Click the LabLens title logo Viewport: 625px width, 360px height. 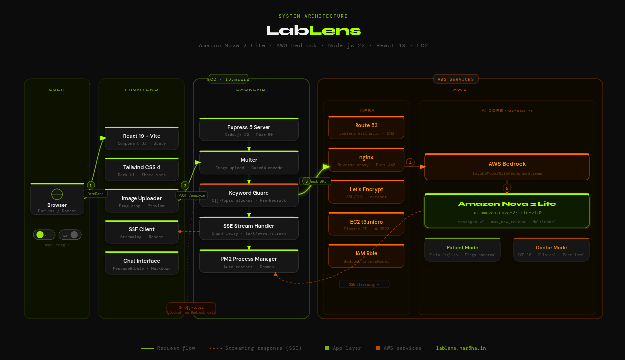pyautogui.click(x=313, y=31)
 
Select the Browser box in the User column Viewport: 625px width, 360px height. pyautogui.click(x=57, y=199)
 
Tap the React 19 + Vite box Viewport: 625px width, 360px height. pyautogui.click(x=141, y=138)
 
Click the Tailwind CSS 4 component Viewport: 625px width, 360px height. pyautogui.click(x=141, y=170)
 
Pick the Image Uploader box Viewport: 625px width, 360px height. pyautogui.click(x=141, y=201)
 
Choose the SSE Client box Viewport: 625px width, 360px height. pyautogui.click(x=141, y=232)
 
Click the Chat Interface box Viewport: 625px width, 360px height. pyautogui.click(x=141, y=263)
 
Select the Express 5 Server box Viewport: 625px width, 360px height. pyautogui.click(x=249, y=130)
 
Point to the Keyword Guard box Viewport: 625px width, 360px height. pyautogui.click(x=249, y=195)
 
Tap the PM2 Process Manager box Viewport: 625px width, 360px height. pyautogui.click(x=249, y=261)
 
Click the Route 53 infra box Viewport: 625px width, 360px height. pyautogui.click(x=366, y=128)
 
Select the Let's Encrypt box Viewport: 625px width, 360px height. pyautogui.click(x=366, y=192)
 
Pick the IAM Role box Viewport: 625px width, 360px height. pyautogui.click(x=366, y=256)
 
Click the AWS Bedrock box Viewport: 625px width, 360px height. pyautogui.click(x=507, y=167)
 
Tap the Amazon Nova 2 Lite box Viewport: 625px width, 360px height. pyautogui.click(x=507, y=211)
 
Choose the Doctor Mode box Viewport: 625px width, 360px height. pyautogui.click(x=551, y=250)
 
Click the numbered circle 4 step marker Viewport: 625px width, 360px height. pyautogui.click(x=410, y=162)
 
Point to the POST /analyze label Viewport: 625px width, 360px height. pyautogui.click(x=192, y=195)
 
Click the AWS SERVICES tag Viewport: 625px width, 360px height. pyautogui.click(x=455, y=79)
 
